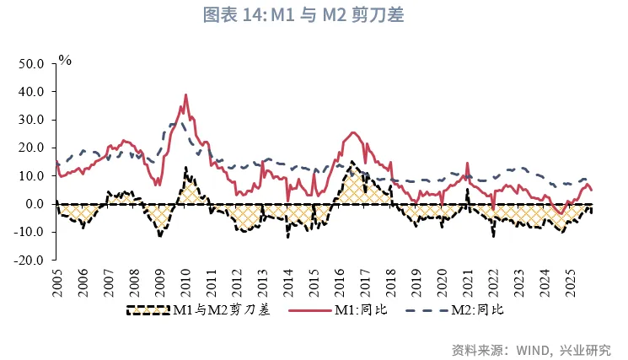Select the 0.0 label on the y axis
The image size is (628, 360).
coord(34,204)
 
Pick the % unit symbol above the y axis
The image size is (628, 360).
coord(65,60)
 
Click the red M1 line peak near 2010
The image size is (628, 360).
coord(185,94)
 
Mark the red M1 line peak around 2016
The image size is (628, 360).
coord(352,132)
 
